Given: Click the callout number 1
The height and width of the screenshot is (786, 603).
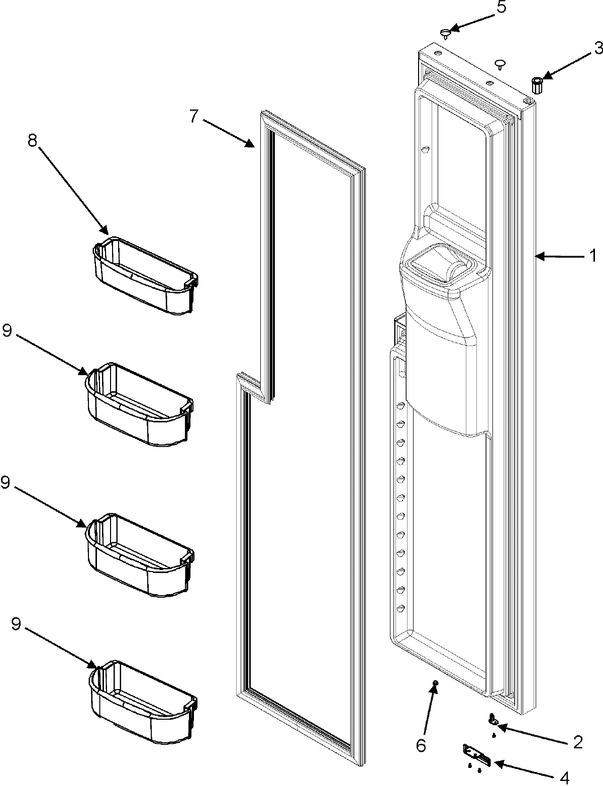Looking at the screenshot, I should (x=592, y=257).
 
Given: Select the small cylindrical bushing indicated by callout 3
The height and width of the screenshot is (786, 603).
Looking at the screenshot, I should (x=537, y=85).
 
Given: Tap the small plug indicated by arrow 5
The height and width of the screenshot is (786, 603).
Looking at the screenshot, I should (x=445, y=34).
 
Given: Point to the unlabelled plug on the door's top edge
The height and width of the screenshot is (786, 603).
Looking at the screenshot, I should (x=500, y=63).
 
